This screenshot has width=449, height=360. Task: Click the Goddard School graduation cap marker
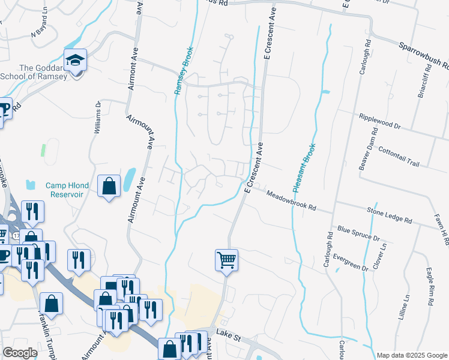pyautogui.click(x=76, y=61)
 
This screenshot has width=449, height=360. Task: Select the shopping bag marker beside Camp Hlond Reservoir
pyautogui.click(x=109, y=187)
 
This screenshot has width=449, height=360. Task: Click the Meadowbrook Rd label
pyautogui.click(x=291, y=200)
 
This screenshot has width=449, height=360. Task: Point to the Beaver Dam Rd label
pyautogui.click(x=366, y=149)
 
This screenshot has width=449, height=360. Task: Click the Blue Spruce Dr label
pyautogui.click(x=359, y=233)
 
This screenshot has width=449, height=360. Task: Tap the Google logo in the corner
pyautogui.click(x=20, y=353)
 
